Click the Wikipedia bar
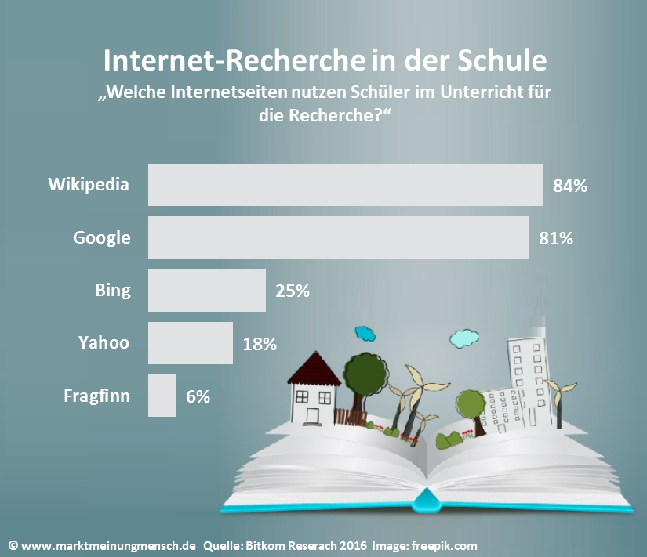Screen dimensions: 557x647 [345, 185]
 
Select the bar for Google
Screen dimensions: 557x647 [338, 237]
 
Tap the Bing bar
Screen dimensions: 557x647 [206, 290]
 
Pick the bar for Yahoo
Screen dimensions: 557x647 [190, 342]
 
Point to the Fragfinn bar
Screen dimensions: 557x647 [162, 396]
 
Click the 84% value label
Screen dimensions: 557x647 [569, 186]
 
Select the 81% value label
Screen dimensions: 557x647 [555, 238]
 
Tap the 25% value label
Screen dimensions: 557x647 [293, 291]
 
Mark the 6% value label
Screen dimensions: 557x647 [198, 396]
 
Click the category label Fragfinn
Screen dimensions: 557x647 [96, 396]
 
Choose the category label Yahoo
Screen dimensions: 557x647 [104, 342]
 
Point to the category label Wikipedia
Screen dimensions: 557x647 [89, 185]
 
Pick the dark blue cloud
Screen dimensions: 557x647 [365, 334]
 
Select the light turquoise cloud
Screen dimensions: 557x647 [465, 338]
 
